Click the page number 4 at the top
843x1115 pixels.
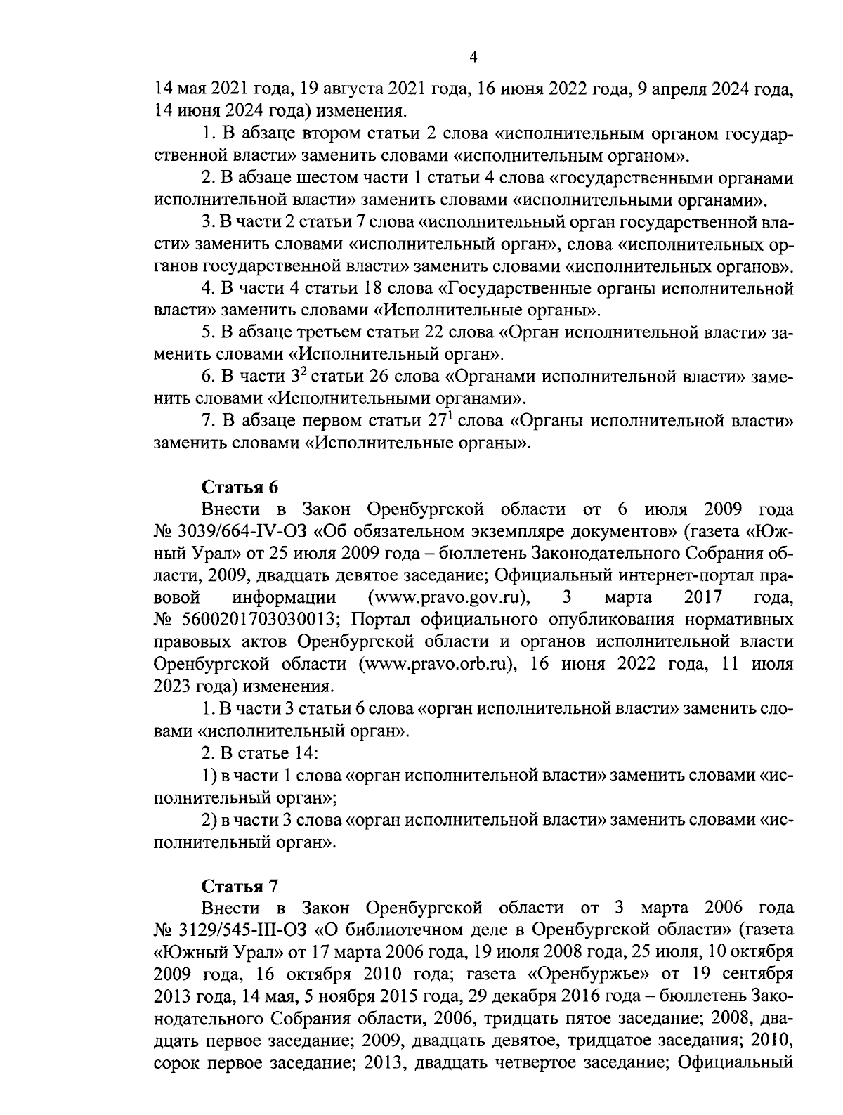pos(473,58)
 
